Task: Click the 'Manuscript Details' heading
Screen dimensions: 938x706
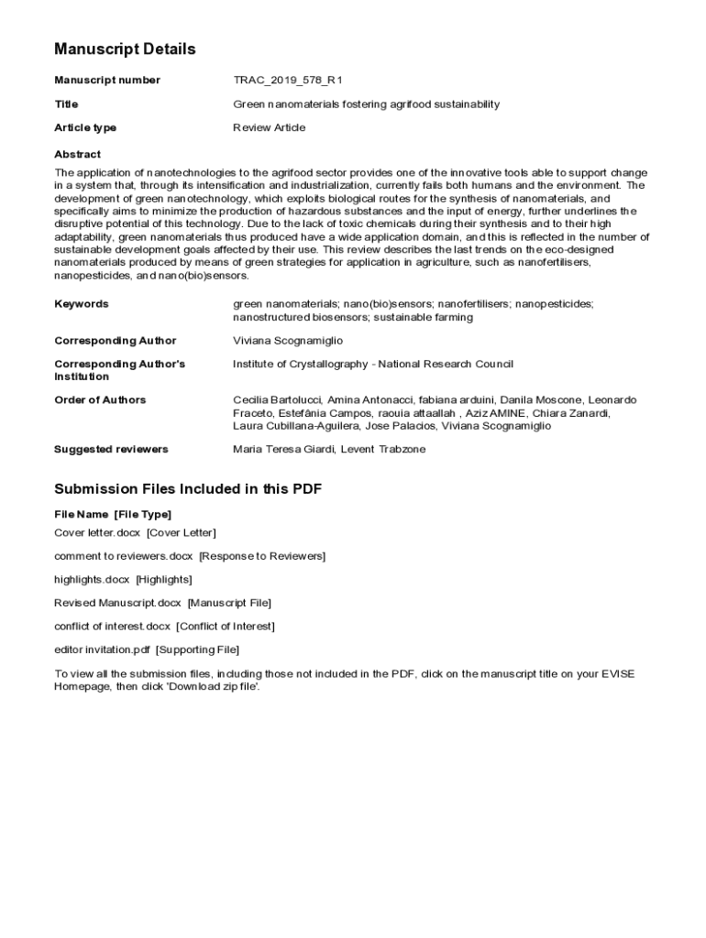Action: click(x=125, y=49)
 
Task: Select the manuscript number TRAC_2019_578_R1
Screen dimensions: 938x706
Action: click(x=288, y=81)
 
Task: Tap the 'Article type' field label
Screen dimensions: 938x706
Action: click(x=85, y=128)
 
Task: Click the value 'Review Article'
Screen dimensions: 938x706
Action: click(x=270, y=128)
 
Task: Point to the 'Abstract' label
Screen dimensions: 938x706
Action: click(x=78, y=155)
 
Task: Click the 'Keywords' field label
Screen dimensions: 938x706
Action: click(x=82, y=304)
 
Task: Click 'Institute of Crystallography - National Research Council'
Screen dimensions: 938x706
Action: click(x=373, y=365)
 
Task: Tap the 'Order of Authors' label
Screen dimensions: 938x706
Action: click(x=100, y=400)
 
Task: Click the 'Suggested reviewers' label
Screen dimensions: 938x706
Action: click(x=111, y=450)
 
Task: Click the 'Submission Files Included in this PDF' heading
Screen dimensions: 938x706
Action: click(x=188, y=489)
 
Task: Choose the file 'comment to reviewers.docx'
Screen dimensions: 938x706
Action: click(x=124, y=556)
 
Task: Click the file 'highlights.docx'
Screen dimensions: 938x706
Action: click(x=92, y=580)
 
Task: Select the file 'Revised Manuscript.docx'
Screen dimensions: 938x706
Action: click(x=118, y=603)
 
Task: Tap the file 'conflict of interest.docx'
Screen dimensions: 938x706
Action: click(x=113, y=627)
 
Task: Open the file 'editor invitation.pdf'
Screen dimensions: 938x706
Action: click(x=102, y=650)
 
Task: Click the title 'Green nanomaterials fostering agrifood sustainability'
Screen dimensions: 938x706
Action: click(x=367, y=104)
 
